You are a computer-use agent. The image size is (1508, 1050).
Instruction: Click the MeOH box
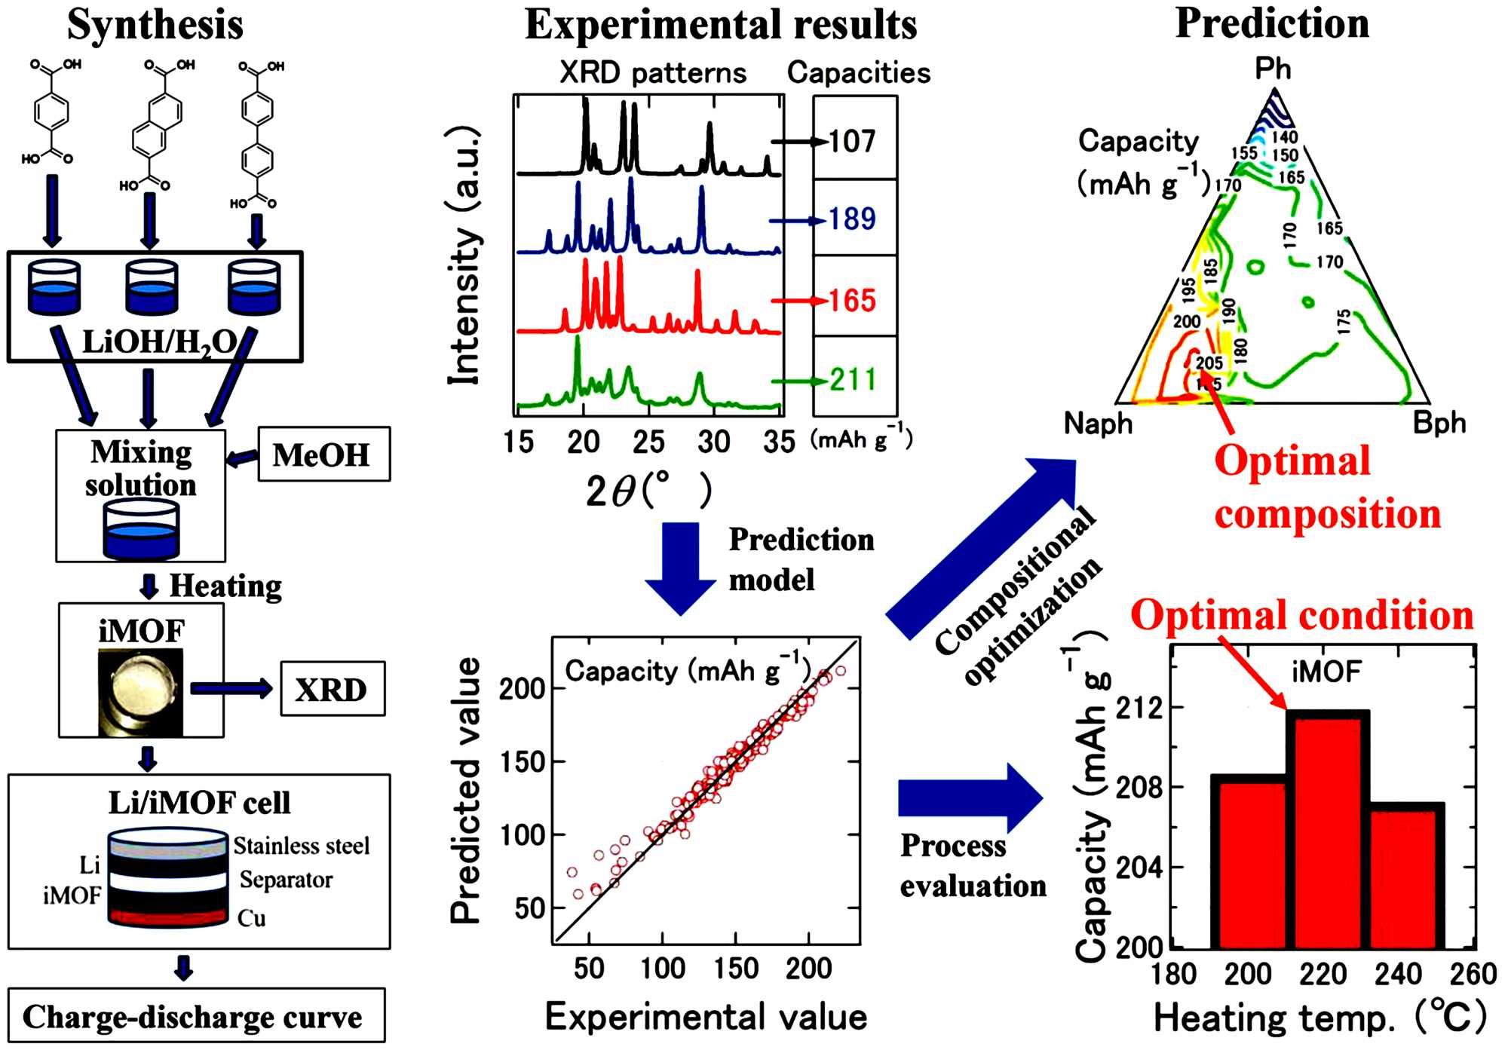pyautogui.click(x=324, y=455)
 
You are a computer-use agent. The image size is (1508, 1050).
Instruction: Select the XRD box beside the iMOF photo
pyautogui.click(x=332, y=689)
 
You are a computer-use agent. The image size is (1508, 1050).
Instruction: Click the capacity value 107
pyautogui.click(x=852, y=141)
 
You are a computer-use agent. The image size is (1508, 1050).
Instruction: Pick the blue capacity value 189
pyautogui.click(x=852, y=219)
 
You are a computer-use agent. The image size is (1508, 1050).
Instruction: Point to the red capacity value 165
pyautogui.click(x=852, y=300)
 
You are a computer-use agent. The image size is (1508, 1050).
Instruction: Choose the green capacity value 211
pyautogui.click(x=853, y=378)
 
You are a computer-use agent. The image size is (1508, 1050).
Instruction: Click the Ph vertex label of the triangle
pyautogui.click(x=1273, y=69)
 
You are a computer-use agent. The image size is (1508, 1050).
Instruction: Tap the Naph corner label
pyautogui.click(x=1098, y=424)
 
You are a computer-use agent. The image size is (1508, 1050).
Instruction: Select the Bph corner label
pyautogui.click(x=1439, y=423)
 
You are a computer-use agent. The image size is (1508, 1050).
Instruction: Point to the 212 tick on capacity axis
pyautogui.click(x=1139, y=709)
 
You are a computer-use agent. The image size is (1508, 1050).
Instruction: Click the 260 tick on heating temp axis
pyautogui.click(x=1473, y=974)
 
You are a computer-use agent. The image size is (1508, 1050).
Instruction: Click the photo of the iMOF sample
pyautogui.click(x=141, y=692)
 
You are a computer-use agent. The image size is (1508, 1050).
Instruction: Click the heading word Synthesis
pyautogui.click(x=155, y=24)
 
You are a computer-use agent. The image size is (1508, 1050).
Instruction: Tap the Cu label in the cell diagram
pyautogui.click(x=252, y=918)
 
